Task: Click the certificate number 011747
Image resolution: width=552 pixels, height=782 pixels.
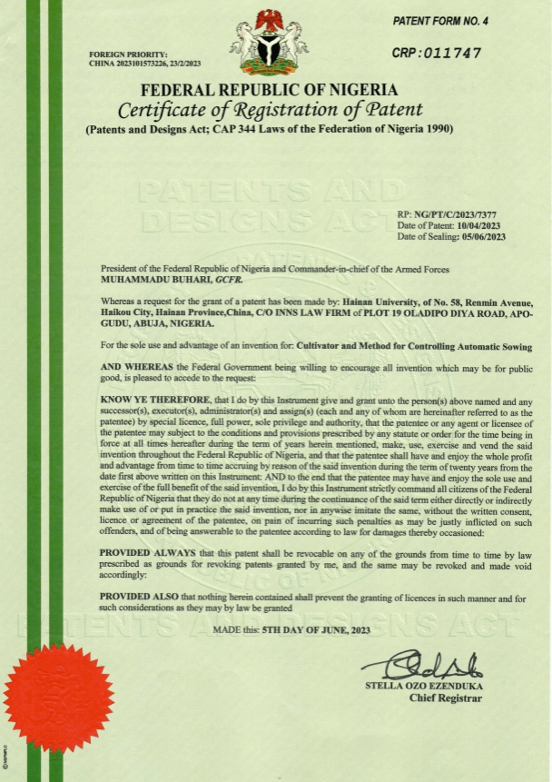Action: point(451,54)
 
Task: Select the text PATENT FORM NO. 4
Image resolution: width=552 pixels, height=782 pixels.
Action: point(439,20)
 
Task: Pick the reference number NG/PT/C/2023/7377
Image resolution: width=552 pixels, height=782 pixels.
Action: point(461,214)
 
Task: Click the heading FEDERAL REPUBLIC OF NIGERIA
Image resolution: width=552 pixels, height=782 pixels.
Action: point(269,90)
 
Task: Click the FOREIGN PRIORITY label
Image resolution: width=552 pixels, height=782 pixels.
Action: point(128,54)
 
